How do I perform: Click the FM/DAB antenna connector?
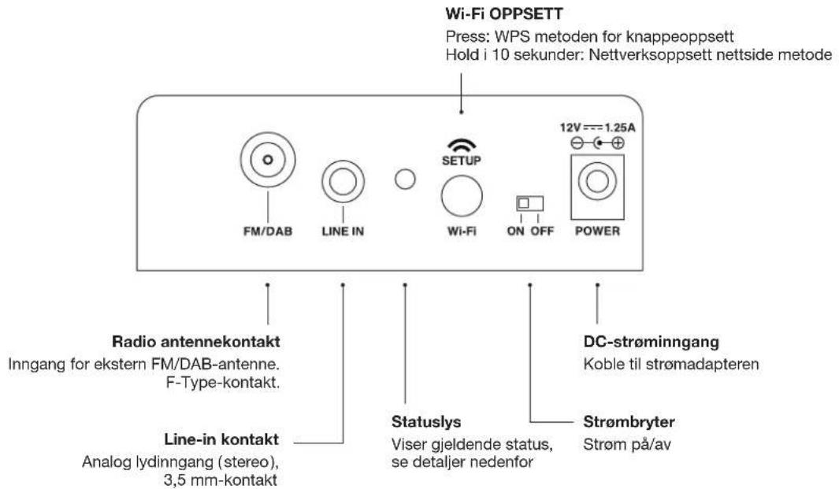tap(268, 160)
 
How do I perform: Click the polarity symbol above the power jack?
tap(596, 143)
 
